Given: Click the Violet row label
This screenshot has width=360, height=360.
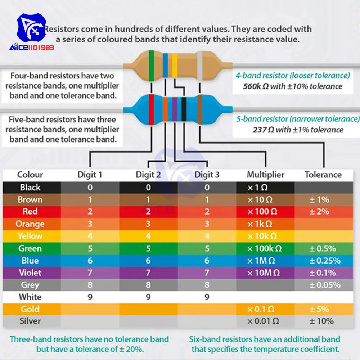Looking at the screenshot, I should [30, 273].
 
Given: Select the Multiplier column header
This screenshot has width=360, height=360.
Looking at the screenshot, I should [265, 175].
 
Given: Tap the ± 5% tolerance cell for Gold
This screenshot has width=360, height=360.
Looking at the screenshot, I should [319, 309].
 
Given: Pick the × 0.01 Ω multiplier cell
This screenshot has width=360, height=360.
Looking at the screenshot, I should [263, 321].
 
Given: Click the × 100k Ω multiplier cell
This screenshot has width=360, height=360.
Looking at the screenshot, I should [265, 248].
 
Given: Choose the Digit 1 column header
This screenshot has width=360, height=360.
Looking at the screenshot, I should [90, 175].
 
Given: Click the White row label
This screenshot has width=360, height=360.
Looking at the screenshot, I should [30, 297].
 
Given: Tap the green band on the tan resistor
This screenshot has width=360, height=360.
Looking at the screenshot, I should [152, 66].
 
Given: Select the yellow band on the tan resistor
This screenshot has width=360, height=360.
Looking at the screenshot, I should [174, 65].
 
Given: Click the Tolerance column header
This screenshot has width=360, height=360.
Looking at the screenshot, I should [323, 175].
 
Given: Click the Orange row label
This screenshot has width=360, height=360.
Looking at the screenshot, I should [30, 224].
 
